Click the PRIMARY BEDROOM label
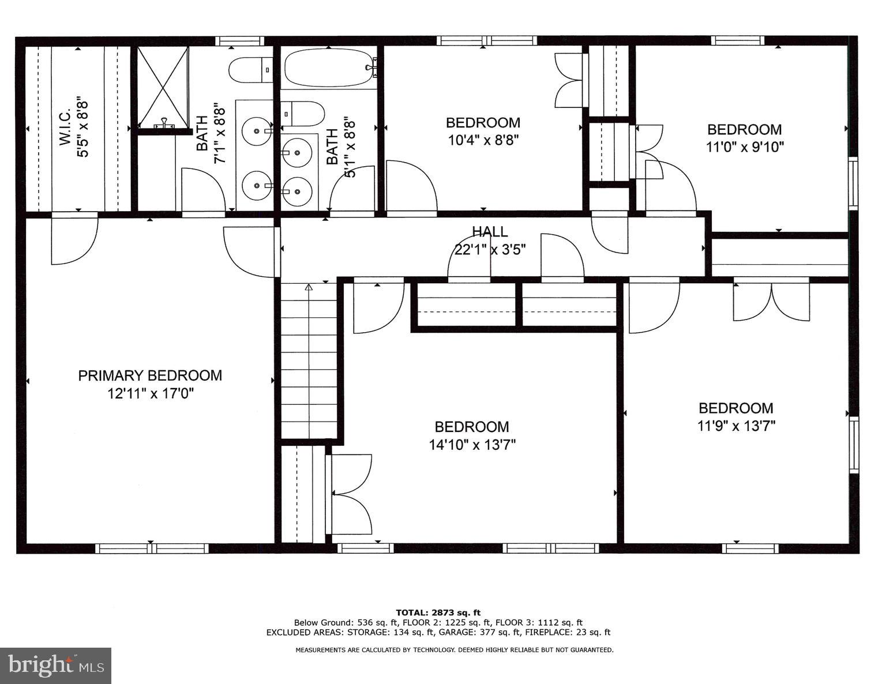click(x=150, y=375)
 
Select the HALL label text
click(x=490, y=232)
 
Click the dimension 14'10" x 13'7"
click(x=472, y=445)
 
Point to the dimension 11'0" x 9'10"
click(x=745, y=147)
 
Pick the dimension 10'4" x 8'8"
click(x=483, y=140)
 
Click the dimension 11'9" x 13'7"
click(x=736, y=426)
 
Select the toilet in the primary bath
click(x=250, y=70)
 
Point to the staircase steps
click(x=309, y=360)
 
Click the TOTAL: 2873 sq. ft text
click(x=438, y=612)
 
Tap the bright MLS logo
click(x=56, y=666)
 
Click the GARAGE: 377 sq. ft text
click(x=485, y=632)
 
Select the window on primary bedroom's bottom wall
click(x=152, y=548)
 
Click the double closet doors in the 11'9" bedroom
click(x=771, y=300)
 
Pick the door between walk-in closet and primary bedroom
click(x=74, y=239)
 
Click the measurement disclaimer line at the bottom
click(x=454, y=650)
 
